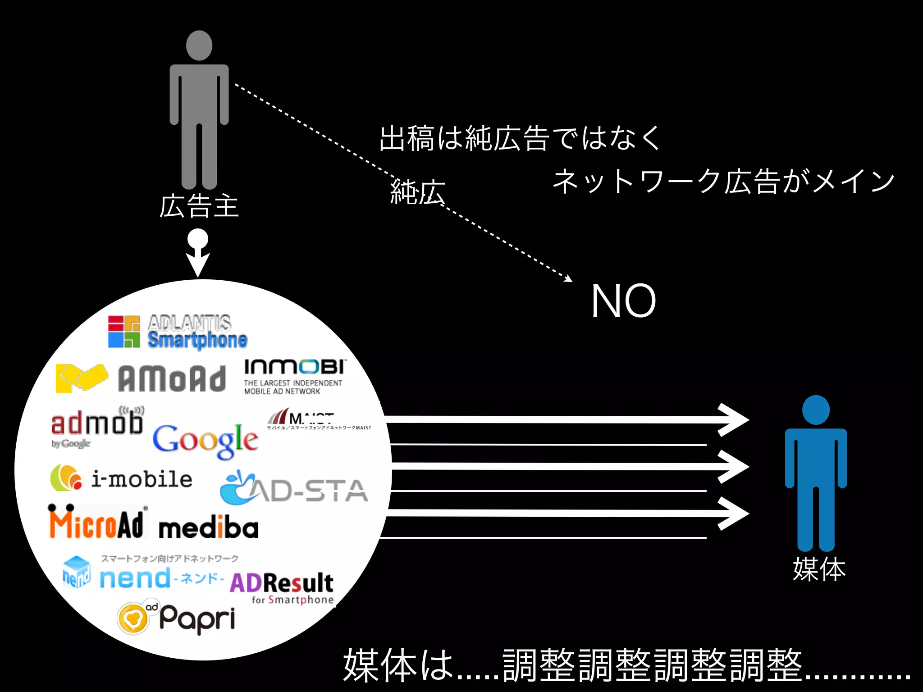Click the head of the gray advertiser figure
[199, 46]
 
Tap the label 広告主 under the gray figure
[199, 206]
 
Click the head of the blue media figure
[816, 410]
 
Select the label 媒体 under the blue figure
[819, 569]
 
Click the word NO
[623, 301]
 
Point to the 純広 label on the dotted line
[417, 192]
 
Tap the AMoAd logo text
[172, 379]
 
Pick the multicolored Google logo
[205, 441]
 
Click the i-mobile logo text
[142, 479]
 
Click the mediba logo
[209, 528]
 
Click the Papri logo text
[197, 619]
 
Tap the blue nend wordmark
[135, 578]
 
